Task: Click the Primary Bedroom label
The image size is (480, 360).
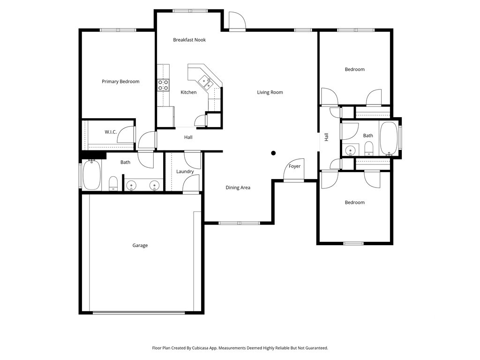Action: coord(120,82)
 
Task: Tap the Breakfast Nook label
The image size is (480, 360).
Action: coord(189,40)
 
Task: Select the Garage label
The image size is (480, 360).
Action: coord(140,245)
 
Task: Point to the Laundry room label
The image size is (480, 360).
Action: coord(185,172)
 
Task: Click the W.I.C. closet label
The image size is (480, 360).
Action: coord(111,132)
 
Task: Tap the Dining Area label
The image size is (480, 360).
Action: coord(238,187)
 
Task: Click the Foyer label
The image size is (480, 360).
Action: coord(294,166)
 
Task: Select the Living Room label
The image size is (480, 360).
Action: coord(270,92)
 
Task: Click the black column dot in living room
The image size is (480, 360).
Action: coord(273,153)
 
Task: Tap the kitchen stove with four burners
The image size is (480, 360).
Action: coord(163,85)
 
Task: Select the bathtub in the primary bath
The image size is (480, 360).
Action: coord(91,175)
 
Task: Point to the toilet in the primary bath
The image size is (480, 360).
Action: coord(113,183)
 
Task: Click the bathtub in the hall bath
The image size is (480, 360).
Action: coord(389,139)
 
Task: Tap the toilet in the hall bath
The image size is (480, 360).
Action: coord(369,149)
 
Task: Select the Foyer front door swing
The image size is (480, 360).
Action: coord(294,170)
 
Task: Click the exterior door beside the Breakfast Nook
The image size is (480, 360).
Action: coord(237,21)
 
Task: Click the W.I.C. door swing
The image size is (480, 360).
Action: coord(126,135)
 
